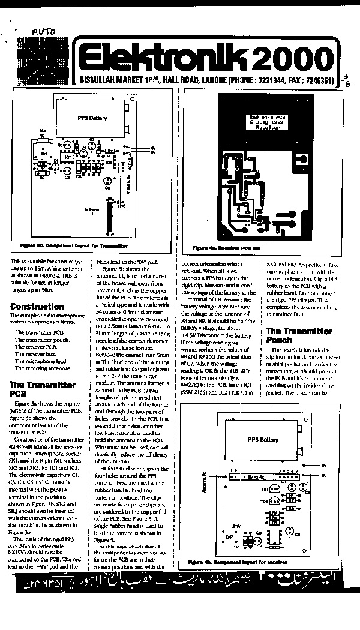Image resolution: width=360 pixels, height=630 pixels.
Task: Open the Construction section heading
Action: [37, 307]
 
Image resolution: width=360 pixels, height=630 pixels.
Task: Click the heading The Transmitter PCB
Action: [43, 389]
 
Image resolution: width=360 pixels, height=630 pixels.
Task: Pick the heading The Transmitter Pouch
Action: [299, 335]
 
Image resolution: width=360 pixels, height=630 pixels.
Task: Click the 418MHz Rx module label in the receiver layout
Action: [259, 478]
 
